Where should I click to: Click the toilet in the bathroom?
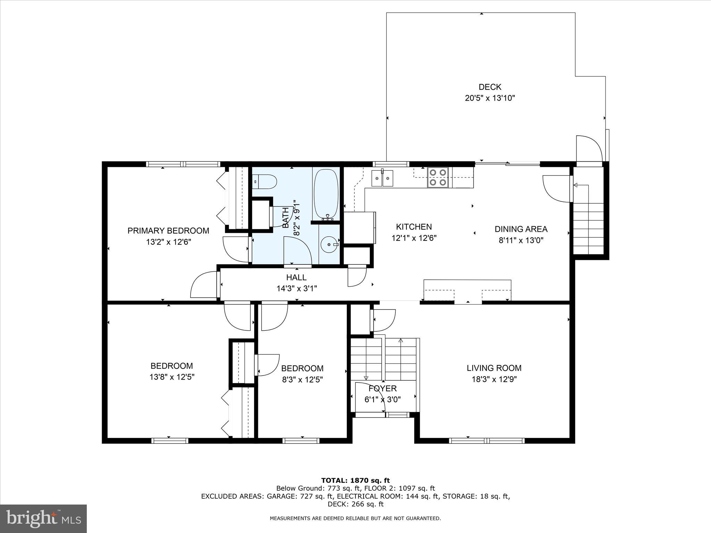point(266,181)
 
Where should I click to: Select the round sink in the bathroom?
point(329,244)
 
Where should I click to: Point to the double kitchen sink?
point(382,178)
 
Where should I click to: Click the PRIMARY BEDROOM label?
point(168,231)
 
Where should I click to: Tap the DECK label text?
point(490,87)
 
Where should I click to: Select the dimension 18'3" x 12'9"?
point(494,379)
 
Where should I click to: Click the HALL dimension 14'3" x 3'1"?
point(296,288)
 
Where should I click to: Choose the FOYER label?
point(383,389)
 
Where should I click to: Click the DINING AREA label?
point(521,229)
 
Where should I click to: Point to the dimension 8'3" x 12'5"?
point(302,380)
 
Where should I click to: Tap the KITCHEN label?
point(414,227)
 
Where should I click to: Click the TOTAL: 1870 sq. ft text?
point(355,481)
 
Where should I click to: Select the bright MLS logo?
point(43,518)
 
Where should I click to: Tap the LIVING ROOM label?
point(494,368)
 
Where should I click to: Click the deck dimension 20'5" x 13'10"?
point(490,98)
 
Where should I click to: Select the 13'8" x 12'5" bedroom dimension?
point(172,377)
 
